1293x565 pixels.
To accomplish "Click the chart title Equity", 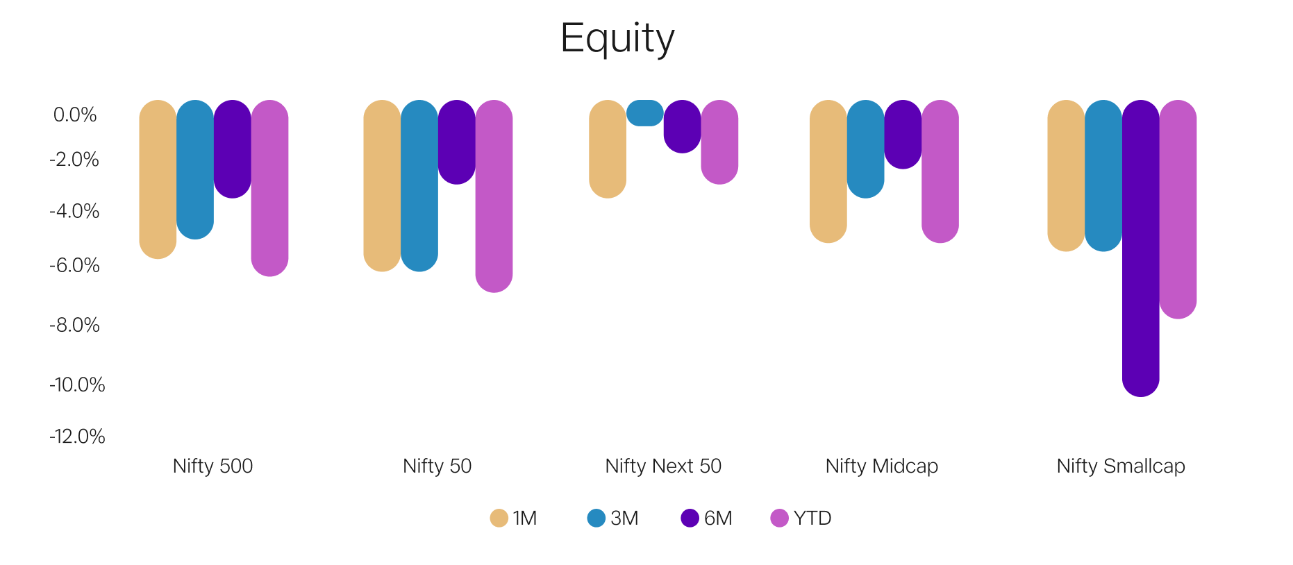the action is [617, 39].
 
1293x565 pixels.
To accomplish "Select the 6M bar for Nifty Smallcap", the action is [1140, 248].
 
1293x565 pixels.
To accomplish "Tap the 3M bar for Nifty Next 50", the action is [645, 113].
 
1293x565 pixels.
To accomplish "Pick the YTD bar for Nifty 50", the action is [494, 196].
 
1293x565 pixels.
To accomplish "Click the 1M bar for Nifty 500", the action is [158, 179].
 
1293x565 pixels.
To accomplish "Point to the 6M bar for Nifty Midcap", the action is [903, 135].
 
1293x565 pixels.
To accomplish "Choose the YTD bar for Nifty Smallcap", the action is [1178, 210].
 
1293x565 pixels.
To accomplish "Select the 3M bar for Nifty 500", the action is [195, 169].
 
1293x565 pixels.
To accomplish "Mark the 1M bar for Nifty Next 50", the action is [608, 149].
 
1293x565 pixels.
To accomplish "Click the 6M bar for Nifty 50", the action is [457, 142].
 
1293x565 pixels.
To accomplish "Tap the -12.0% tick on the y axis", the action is [77, 437].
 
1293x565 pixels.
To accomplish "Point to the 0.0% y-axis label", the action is [75, 115].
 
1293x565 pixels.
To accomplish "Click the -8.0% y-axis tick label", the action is [74, 325].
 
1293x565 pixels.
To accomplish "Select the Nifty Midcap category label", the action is [881, 466].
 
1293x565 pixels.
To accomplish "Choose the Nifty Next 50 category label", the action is [663, 466].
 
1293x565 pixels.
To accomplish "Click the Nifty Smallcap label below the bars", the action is [1121, 466].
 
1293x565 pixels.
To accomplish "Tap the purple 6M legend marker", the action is [690, 518].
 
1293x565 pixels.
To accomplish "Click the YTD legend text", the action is [812, 518].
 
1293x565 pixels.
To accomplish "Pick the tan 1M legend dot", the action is [499, 518].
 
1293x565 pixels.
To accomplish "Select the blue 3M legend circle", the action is [596, 518].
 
